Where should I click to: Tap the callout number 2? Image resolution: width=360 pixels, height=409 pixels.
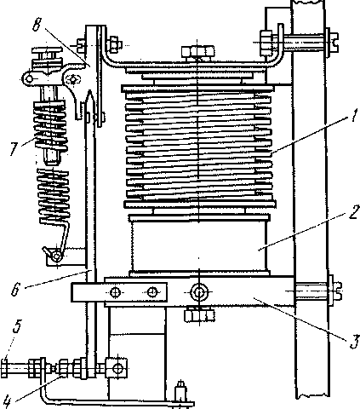[x=354, y=212]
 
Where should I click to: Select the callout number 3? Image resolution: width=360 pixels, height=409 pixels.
[x=354, y=342]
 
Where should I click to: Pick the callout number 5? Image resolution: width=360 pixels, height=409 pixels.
[x=17, y=327]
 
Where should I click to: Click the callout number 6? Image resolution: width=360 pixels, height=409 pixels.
[x=16, y=289]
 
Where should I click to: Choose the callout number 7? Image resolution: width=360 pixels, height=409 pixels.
[x=14, y=149]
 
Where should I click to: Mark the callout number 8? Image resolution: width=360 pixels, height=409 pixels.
[x=37, y=25]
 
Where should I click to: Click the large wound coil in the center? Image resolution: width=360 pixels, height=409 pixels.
[x=199, y=147]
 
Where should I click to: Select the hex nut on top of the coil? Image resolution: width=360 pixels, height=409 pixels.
[x=198, y=52]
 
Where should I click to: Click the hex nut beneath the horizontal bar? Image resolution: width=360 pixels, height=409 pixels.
[x=199, y=315]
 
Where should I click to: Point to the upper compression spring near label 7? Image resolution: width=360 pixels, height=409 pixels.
[x=50, y=124]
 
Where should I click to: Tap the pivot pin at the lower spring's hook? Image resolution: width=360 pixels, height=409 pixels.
[x=57, y=256]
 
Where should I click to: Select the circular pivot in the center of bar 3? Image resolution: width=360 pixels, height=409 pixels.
[x=199, y=291]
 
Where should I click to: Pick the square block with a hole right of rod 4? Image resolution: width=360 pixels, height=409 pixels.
[x=117, y=368]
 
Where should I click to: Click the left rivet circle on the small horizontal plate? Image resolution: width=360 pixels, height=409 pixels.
[x=115, y=292]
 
